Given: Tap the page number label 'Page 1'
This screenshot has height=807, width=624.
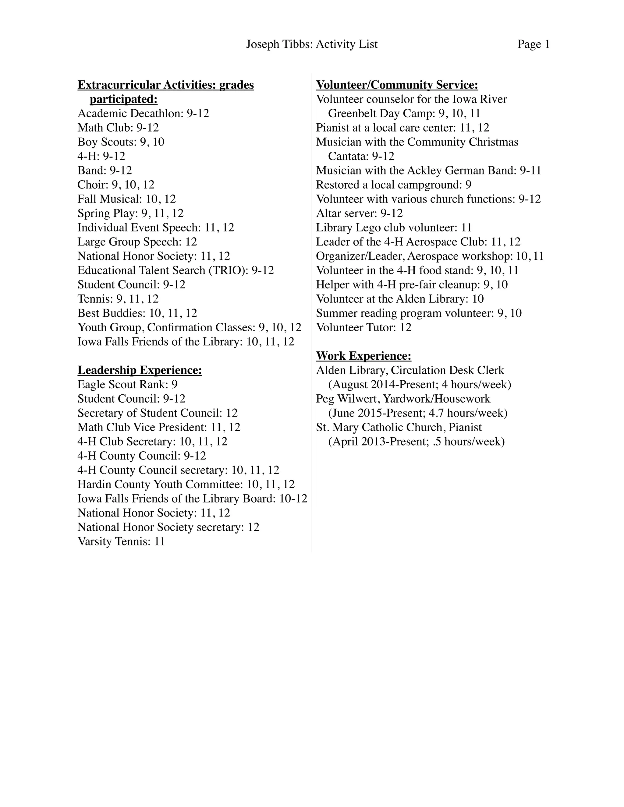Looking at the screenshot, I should [x=534, y=44].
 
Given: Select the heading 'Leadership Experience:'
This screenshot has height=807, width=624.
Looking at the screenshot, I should [x=140, y=370].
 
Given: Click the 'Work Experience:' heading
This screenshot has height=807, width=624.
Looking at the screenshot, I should [x=364, y=356].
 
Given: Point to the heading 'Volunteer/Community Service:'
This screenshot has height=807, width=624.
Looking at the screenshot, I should [x=397, y=85].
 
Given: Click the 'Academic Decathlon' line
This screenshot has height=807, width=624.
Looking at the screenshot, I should [x=143, y=114].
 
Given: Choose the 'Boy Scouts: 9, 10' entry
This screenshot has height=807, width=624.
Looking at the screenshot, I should [x=121, y=142].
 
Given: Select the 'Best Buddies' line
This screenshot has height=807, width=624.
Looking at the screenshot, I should [x=137, y=313].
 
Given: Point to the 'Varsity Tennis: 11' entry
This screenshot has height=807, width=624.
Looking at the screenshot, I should [x=121, y=542].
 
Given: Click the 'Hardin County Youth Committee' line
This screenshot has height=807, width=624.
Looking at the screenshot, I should [x=186, y=485].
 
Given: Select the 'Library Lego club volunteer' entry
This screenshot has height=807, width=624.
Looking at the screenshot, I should [x=394, y=227].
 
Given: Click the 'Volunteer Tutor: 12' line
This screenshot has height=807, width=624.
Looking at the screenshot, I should [x=364, y=327].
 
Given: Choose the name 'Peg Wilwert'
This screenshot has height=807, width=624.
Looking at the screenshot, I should [x=347, y=399].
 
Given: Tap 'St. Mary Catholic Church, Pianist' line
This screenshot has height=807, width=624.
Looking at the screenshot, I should [x=399, y=428].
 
